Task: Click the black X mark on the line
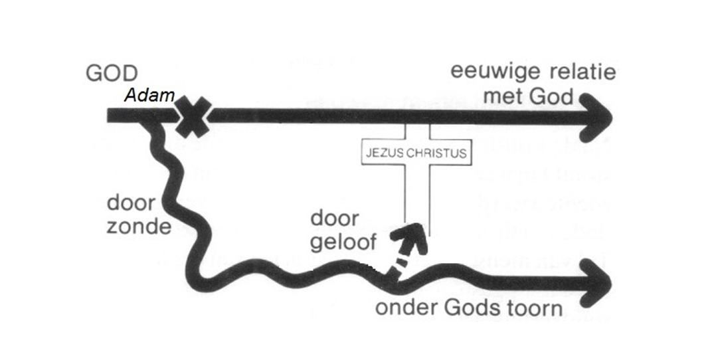coord(193,116)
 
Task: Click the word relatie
coord(580,72)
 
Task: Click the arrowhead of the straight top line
coord(598,116)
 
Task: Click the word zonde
coord(137,226)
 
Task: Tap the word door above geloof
coord(335,219)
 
